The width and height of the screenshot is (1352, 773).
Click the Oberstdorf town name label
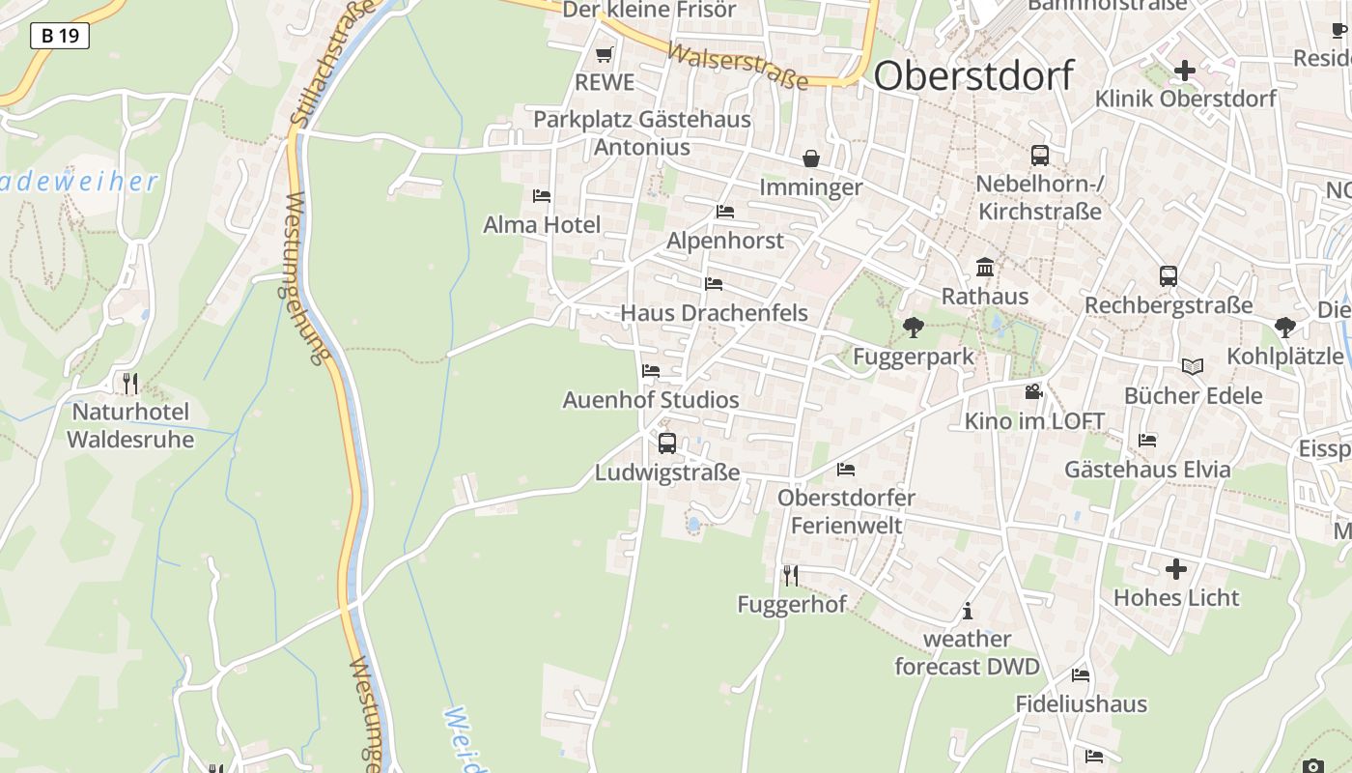(973, 74)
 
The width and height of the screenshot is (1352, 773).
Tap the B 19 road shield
(60, 37)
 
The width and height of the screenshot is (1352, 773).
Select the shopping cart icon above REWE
(605, 55)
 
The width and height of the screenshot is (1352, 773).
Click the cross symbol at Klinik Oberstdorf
(1185, 71)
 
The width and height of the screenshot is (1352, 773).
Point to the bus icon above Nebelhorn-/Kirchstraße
(1040, 155)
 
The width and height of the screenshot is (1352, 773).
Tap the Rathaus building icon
(985, 267)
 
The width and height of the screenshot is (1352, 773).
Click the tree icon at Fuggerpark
(913, 328)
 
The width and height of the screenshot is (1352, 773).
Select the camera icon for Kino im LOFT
(1034, 391)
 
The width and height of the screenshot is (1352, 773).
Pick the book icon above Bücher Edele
(1193, 366)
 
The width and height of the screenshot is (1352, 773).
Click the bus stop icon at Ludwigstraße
(666, 444)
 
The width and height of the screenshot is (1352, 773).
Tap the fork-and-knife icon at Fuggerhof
(791, 576)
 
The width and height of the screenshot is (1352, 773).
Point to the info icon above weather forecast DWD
(968, 611)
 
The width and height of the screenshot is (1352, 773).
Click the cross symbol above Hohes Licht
(1175, 569)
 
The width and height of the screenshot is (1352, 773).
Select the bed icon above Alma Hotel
(542, 196)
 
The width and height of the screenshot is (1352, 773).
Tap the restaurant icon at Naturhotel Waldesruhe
(130, 384)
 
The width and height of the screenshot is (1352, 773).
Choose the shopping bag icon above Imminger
(811, 158)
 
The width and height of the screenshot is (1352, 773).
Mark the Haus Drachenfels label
(714, 313)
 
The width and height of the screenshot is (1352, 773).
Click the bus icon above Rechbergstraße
(1169, 276)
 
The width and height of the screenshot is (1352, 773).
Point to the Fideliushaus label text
(1081, 703)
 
